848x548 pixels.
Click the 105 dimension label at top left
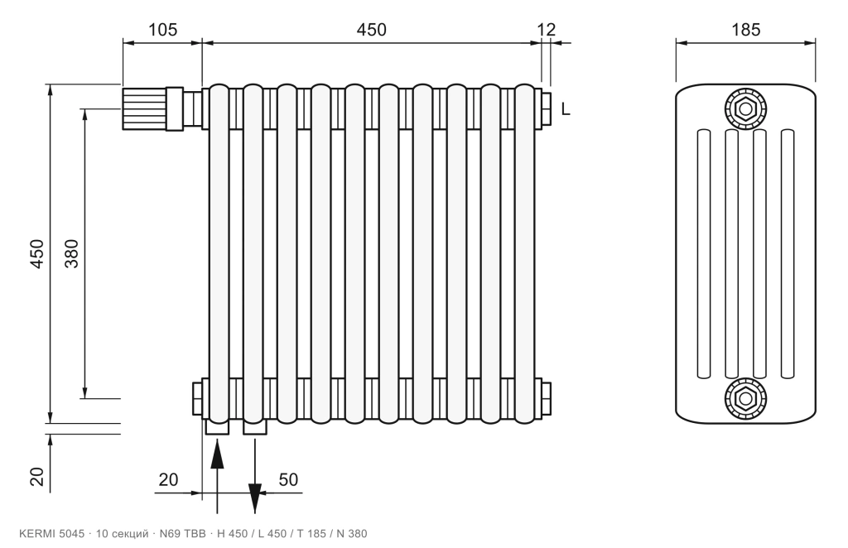163,29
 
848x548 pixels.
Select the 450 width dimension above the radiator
372,29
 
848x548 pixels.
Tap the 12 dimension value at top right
547,29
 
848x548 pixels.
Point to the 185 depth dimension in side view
746,29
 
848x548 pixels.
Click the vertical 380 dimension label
71,253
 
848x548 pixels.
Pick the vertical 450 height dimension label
36,253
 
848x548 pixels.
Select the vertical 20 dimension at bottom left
36,477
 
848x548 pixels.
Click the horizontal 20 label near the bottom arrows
168,479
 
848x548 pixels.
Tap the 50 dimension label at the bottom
288,479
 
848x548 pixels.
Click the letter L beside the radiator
566,109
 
